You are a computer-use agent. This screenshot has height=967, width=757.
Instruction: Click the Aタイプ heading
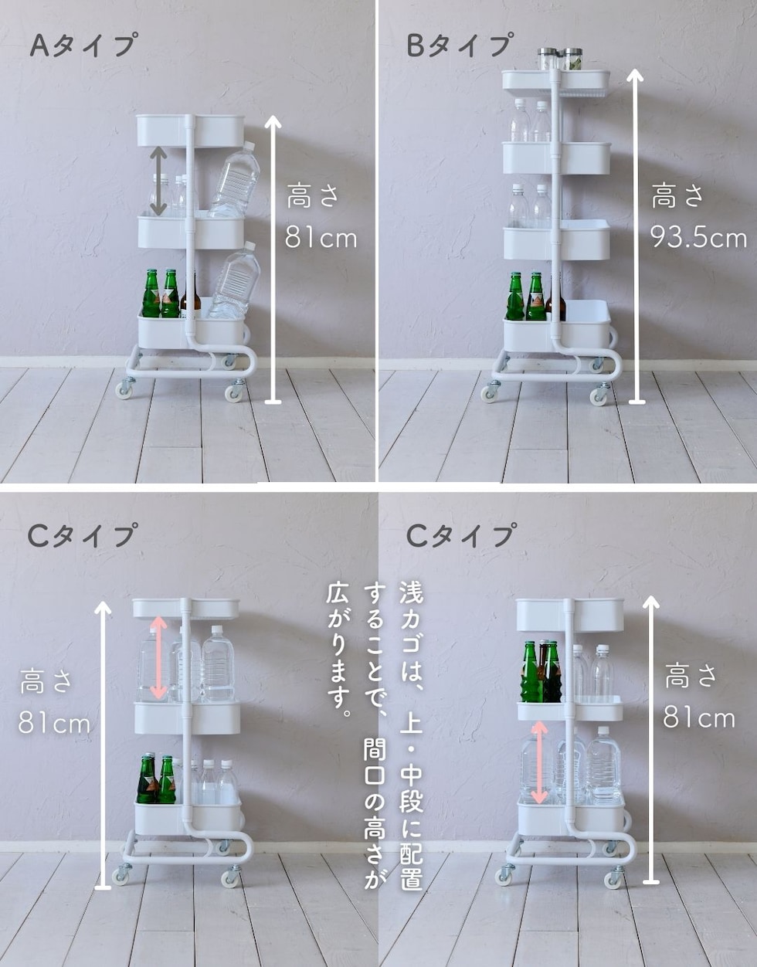(83, 45)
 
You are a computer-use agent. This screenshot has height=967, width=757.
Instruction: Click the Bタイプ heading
(460, 45)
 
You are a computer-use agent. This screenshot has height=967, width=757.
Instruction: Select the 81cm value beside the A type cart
(321, 238)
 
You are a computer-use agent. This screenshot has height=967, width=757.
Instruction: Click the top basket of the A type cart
(191, 131)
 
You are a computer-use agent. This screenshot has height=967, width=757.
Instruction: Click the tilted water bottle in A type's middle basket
(234, 179)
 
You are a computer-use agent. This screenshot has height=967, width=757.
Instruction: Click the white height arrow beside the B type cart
(636, 237)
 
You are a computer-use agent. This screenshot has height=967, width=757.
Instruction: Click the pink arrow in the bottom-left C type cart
(158, 658)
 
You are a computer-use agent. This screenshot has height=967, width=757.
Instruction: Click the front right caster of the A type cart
(233, 392)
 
